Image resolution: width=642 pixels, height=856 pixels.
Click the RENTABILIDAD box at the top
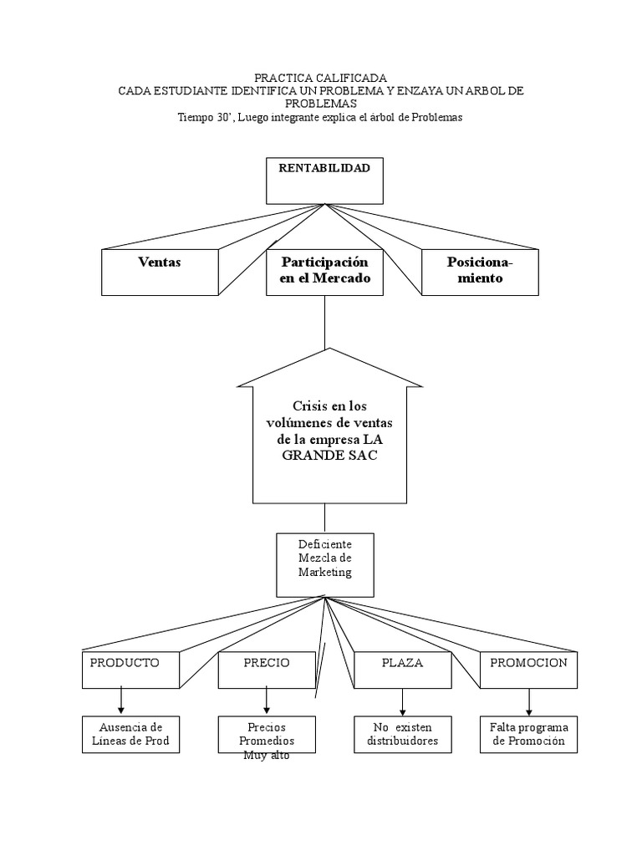pos(324,181)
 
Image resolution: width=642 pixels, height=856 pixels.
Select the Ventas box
pos(160,273)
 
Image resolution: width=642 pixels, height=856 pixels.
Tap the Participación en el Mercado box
pos(324,273)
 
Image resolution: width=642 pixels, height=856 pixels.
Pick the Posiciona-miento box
pos(480,273)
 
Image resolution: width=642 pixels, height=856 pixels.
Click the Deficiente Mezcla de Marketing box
pos(325,565)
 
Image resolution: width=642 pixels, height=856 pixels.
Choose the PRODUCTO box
pos(130,670)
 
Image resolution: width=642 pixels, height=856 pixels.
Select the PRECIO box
pos(267,670)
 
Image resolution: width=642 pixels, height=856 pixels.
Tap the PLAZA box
pos(402,670)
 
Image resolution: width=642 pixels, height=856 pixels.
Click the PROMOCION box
pos(528,670)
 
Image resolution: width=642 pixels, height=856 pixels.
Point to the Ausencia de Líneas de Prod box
pos(130,735)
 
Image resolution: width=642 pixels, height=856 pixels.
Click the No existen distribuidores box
pos(402,735)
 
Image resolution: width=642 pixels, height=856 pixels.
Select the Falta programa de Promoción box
pos(528,735)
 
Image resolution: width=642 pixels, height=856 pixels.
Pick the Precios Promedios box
pos(267,735)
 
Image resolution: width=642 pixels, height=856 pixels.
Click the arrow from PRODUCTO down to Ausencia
pos(120,701)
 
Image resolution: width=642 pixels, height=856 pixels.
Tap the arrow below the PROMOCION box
pos(528,702)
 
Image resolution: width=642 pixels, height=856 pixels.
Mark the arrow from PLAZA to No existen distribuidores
pos(402,702)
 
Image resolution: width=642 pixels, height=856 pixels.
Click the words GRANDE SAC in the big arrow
pos(329,456)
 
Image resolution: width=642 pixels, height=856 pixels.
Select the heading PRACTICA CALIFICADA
pos(320,78)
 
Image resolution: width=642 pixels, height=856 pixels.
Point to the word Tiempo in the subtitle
pos(192,117)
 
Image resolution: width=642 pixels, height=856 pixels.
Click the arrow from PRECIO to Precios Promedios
pos(267,701)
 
